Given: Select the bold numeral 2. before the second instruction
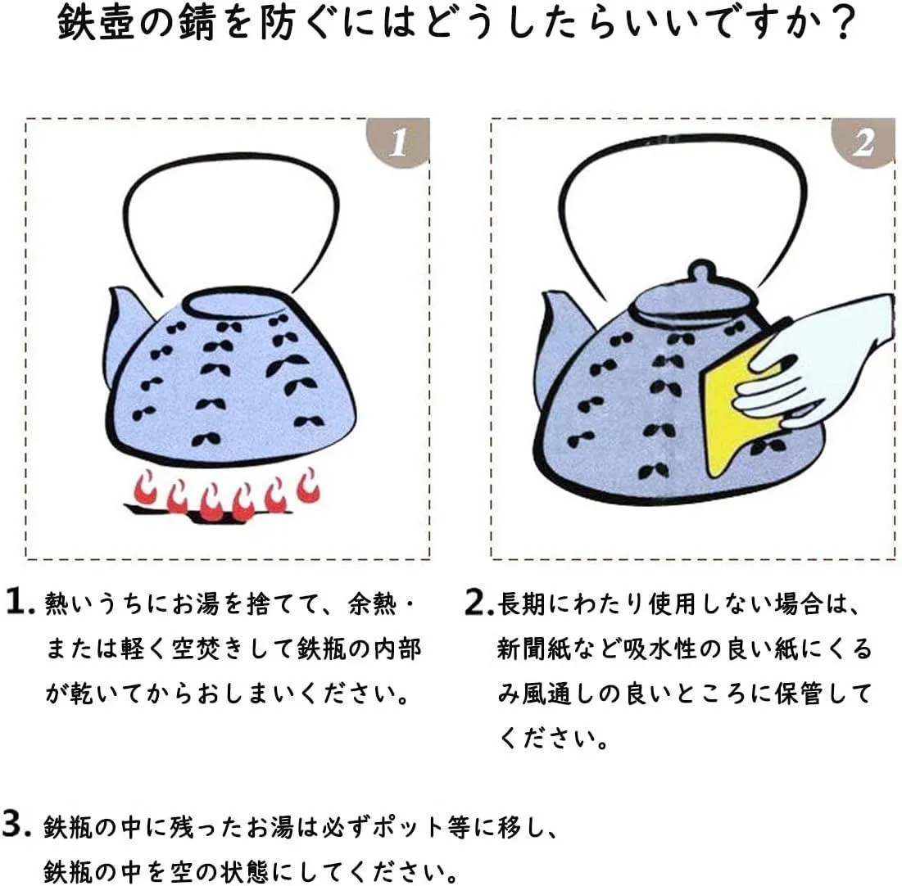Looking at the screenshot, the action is point(478,602).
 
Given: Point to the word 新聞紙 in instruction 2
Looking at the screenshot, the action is point(534,649).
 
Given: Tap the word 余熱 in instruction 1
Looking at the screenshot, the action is point(372,603).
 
